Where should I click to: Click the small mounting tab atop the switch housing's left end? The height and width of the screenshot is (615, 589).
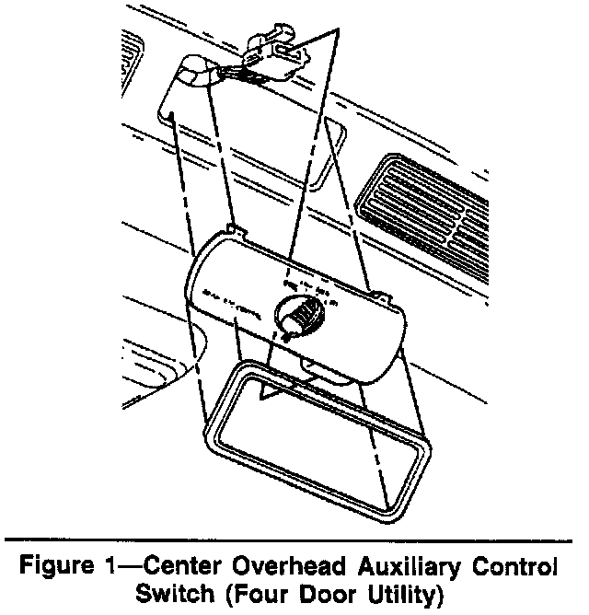234,228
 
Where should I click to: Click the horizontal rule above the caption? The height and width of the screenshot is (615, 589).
294,537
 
